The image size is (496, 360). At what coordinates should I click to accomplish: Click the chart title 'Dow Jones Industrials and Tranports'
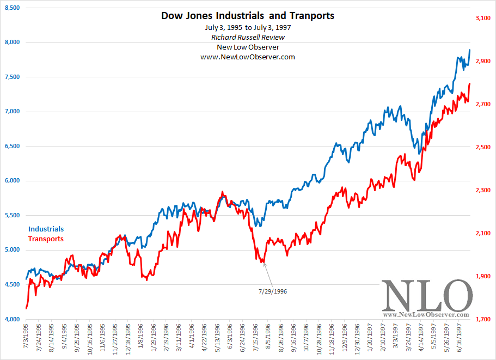pyautogui.click(x=248, y=16)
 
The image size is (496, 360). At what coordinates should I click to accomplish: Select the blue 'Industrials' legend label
pyautogui.click(x=46, y=229)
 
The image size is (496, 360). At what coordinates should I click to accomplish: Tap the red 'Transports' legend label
pyautogui.click(x=46, y=239)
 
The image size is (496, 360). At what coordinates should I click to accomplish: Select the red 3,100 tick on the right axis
pyautogui.click(x=483, y=19)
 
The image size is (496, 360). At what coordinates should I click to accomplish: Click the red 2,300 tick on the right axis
pyautogui.click(x=483, y=191)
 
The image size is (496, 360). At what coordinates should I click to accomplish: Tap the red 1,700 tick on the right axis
pyautogui.click(x=483, y=320)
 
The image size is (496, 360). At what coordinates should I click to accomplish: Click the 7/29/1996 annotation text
pyautogui.click(x=272, y=291)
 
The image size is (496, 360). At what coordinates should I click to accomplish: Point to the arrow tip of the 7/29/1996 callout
pyautogui.click(x=264, y=263)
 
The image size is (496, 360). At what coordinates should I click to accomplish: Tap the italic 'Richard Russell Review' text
pyautogui.click(x=248, y=37)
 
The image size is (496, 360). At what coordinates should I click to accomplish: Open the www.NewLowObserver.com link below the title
pyautogui.click(x=248, y=57)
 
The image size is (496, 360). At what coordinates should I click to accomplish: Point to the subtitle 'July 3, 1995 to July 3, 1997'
pyautogui.click(x=248, y=27)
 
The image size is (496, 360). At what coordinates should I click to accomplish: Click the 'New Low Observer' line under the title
pyautogui.click(x=248, y=47)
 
